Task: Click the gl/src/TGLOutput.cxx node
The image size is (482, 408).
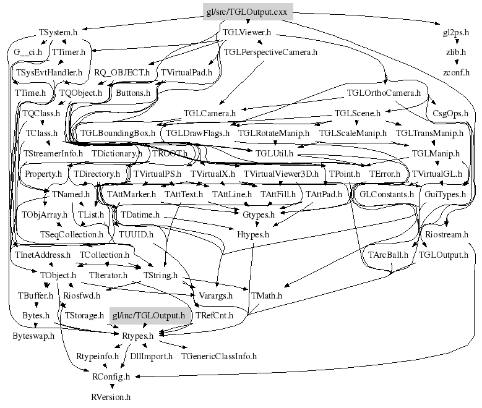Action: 247,11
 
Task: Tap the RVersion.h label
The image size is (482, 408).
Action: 111,396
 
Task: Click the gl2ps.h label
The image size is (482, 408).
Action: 456,32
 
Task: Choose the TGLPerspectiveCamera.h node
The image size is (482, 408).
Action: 270,52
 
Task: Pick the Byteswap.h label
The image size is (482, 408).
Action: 33,336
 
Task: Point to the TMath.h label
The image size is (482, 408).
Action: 267,295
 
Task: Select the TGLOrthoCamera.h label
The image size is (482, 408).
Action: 384,93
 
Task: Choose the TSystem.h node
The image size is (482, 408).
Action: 58,32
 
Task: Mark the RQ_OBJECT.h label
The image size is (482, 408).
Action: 122,72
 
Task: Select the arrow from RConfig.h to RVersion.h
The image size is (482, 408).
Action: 111,386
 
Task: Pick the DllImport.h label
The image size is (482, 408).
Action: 147,356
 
